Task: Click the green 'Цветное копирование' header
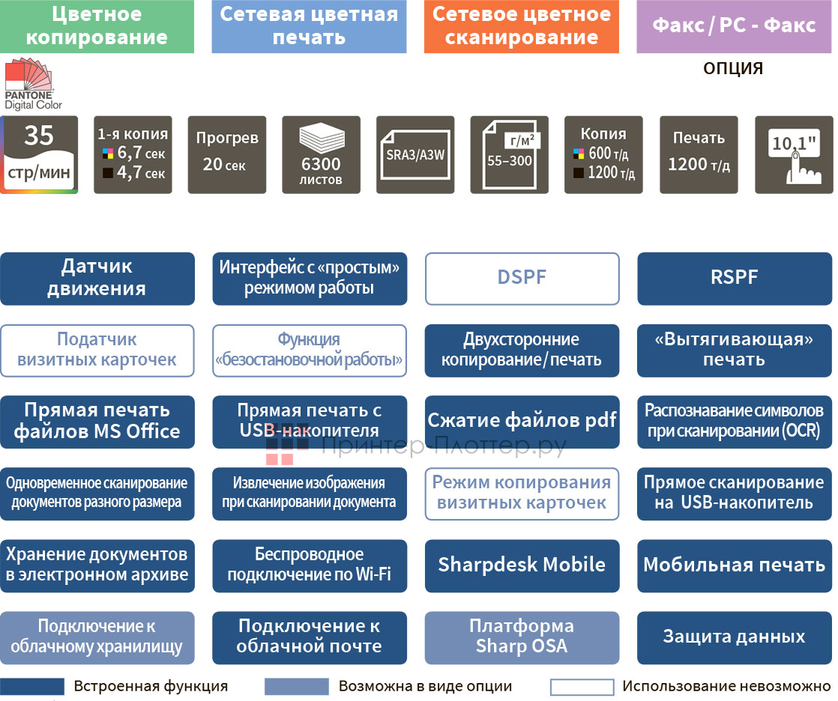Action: tap(97, 26)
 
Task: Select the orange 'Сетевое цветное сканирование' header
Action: tap(521, 26)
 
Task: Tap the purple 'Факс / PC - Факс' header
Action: tap(734, 26)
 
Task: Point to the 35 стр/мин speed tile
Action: tap(39, 154)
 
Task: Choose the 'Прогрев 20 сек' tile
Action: tap(227, 154)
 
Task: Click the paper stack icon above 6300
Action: tap(322, 139)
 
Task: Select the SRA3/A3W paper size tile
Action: tap(415, 154)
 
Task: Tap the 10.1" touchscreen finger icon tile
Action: tap(793, 154)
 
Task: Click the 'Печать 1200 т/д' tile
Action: tap(699, 154)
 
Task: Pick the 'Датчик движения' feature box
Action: tap(97, 279)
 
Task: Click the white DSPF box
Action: tap(522, 279)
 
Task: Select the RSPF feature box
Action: tap(735, 279)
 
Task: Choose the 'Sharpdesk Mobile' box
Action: tap(522, 565)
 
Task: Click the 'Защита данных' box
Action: tap(735, 637)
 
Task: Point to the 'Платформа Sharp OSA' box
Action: tap(522, 637)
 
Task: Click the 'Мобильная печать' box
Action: tap(735, 565)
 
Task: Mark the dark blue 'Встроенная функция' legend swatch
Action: tap(32, 687)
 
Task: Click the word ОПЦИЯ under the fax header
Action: tap(733, 69)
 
